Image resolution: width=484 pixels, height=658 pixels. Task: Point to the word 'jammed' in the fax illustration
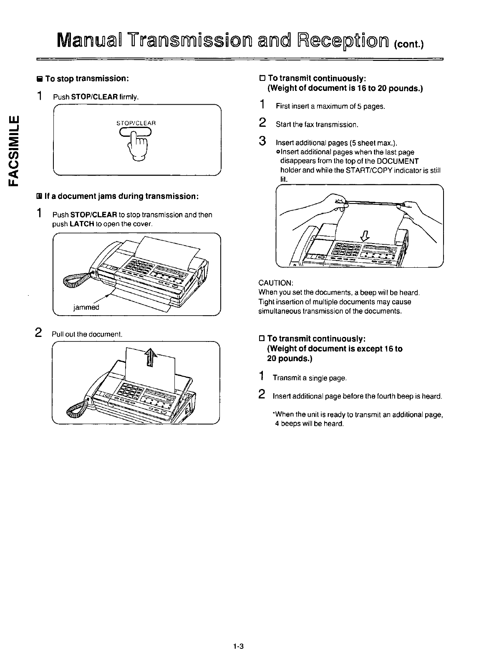coord(86,308)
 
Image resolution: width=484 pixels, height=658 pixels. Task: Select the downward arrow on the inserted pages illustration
coord(365,236)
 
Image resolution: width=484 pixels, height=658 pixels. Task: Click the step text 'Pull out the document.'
coord(87,334)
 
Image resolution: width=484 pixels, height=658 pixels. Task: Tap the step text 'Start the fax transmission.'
coord(317,125)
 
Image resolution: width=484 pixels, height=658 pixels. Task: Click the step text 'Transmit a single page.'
coord(310,378)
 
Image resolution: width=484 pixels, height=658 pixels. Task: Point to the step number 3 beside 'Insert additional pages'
coord(262,141)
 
